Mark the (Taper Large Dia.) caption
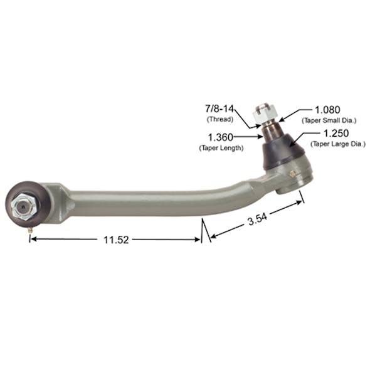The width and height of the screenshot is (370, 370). [x=337, y=144]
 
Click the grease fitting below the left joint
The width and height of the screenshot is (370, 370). [x=30, y=230]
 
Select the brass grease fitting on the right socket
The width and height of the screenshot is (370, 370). [x=292, y=172]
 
